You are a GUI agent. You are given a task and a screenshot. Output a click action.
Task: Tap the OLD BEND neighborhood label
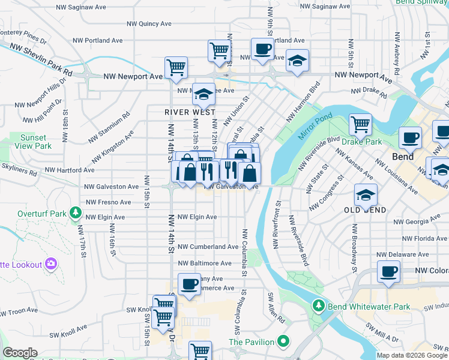coord(364,210)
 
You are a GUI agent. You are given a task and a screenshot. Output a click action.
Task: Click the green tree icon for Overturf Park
coord(76,212)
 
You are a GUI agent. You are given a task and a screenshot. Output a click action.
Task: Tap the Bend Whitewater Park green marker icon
coord(318,307)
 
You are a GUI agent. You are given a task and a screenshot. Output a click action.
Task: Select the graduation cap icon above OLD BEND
coord(366,194)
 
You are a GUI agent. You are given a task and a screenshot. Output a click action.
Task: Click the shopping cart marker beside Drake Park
coord(360,124)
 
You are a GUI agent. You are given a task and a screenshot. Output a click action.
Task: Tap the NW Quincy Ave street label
coord(149,24)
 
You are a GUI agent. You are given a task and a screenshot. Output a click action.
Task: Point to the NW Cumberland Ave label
coord(208,247)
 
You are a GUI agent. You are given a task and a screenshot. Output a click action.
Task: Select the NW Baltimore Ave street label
coord(204,263)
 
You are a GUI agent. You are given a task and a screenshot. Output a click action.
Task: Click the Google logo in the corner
coord(20,353)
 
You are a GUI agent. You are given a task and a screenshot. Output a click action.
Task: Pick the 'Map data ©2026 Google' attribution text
coord(412,355)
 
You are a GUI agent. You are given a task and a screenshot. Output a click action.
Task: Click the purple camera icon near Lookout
coord(51,263)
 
